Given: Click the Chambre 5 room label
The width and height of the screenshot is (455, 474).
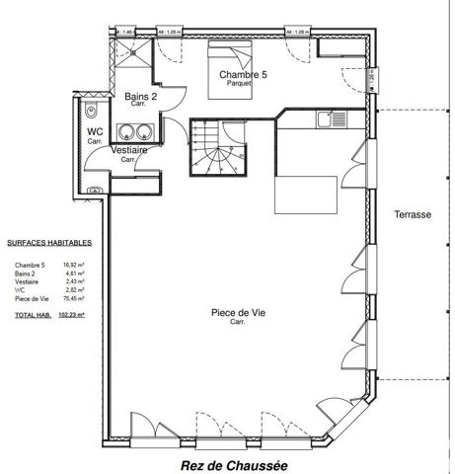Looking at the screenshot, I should point(242,74).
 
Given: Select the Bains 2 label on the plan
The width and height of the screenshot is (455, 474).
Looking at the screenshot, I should point(142,96).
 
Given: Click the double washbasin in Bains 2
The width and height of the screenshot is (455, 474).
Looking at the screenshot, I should point(131,131).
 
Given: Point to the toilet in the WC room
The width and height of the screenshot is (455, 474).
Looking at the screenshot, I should point(91,109).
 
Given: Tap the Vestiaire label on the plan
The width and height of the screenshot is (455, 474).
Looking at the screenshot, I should point(129,150).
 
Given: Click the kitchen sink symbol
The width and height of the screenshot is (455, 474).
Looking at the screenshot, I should point(327,118).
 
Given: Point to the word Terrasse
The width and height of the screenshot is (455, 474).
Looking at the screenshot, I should point(412,215).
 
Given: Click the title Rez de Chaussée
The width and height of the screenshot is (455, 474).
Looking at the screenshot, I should point(227,462).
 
